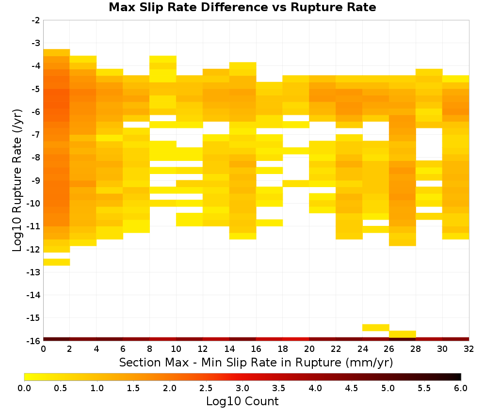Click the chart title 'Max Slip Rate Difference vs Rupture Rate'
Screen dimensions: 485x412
[x=242, y=7]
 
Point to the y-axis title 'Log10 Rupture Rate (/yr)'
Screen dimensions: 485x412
[x=17, y=180]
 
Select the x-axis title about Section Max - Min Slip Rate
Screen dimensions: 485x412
[x=256, y=362]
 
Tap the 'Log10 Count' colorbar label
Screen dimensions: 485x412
[x=242, y=401]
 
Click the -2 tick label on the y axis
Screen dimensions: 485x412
[x=35, y=20]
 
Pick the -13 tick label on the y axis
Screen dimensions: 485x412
[x=33, y=272]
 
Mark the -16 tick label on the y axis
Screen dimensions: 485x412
[x=33, y=341]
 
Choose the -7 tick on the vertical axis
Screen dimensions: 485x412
[x=35, y=135]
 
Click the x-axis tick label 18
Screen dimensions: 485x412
[x=282, y=349]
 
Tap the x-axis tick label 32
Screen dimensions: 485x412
[x=469, y=349]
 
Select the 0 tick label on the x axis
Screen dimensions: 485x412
[x=43, y=349]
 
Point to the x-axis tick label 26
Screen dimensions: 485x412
[x=389, y=349]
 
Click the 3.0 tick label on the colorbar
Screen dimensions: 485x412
[x=242, y=388]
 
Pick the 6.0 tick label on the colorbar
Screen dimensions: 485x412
[x=461, y=388]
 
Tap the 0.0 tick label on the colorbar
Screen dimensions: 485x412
[x=24, y=388]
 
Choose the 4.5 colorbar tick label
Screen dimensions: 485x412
[x=351, y=388]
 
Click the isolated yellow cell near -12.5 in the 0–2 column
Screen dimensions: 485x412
[x=57, y=262]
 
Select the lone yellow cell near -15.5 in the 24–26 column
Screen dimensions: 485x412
[x=375, y=328]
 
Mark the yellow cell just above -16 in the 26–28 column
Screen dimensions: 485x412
[x=402, y=334]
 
